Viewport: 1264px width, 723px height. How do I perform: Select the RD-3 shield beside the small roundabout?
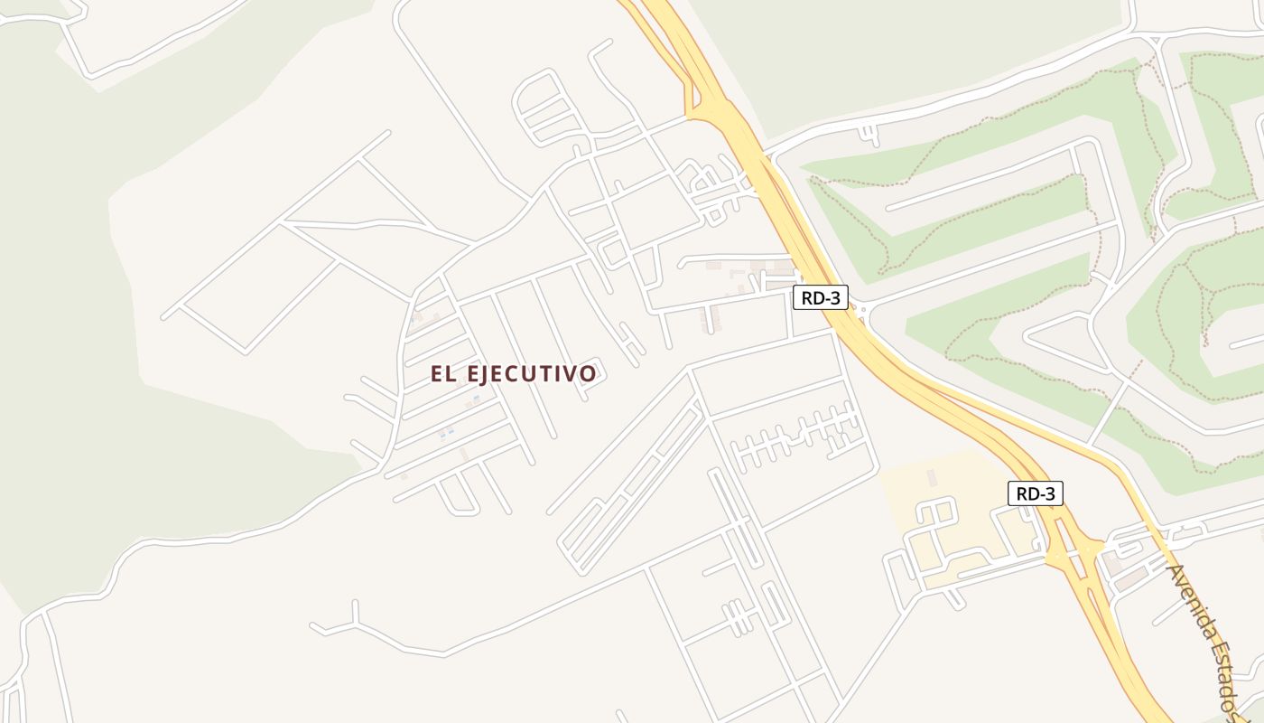click(x=820, y=297)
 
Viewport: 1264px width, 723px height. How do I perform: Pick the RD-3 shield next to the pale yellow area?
click(x=1035, y=493)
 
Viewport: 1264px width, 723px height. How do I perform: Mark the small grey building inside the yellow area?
click(x=931, y=476)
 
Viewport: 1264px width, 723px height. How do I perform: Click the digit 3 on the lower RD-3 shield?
click(x=1049, y=493)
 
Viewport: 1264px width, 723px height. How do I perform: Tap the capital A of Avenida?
click(x=1176, y=575)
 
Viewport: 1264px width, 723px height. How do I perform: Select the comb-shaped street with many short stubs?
click(x=795, y=437)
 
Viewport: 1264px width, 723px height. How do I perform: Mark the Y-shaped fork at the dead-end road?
click(x=354, y=622)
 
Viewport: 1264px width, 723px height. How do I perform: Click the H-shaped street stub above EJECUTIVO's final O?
click(x=631, y=344)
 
